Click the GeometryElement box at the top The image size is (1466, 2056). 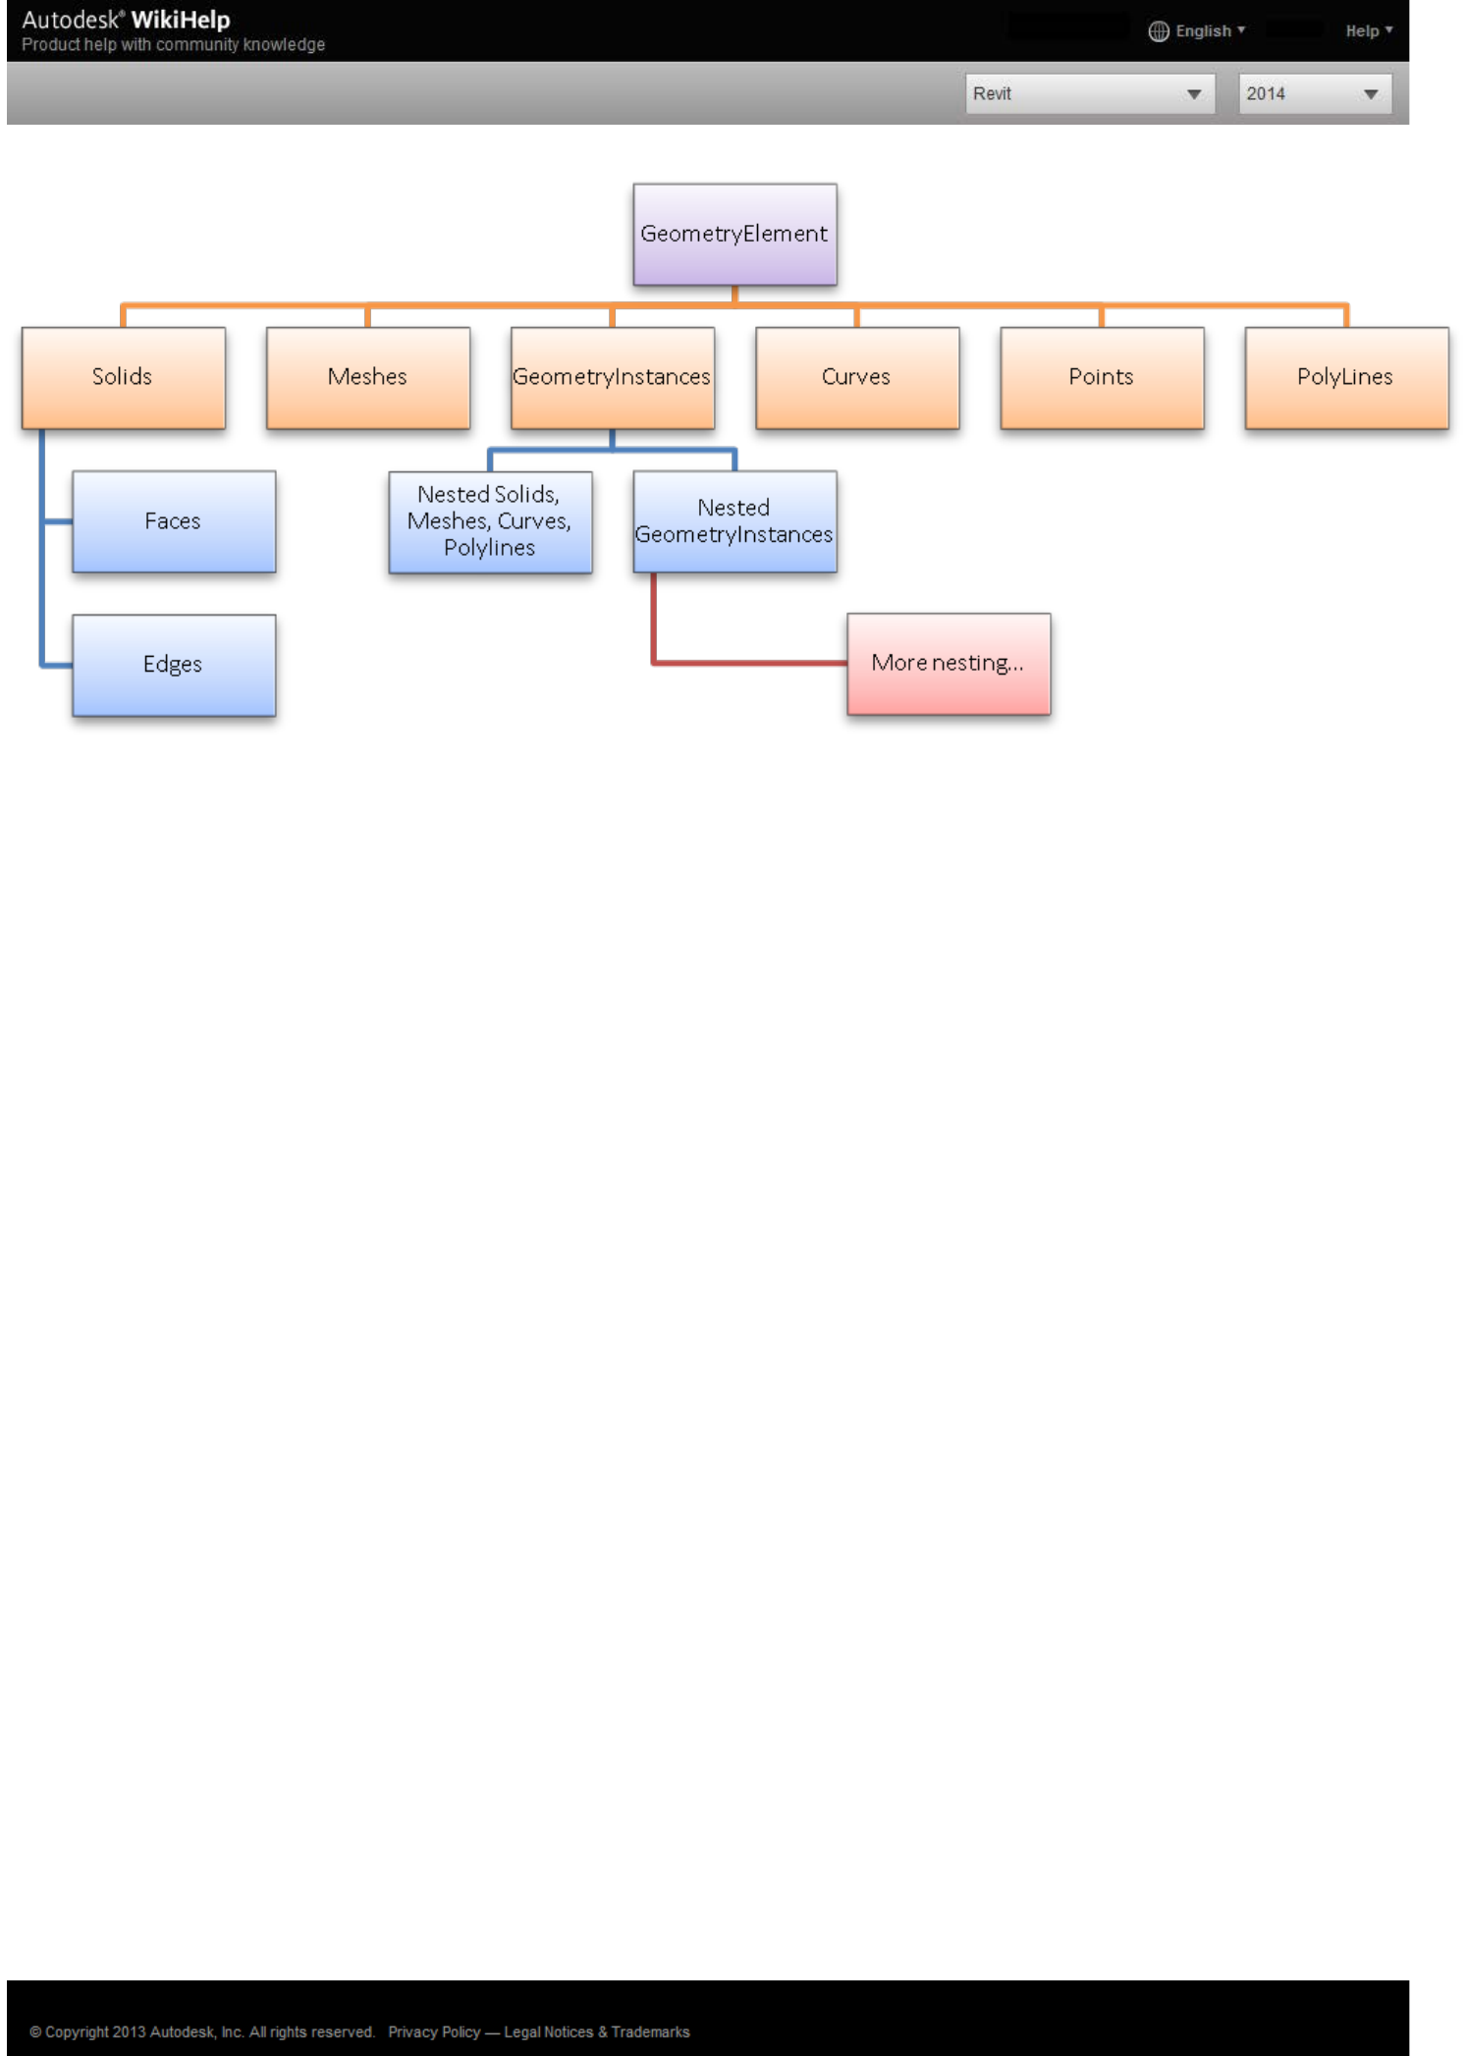click(734, 234)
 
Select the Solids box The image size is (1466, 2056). click(123, 377)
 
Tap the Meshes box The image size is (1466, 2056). click(367, 377)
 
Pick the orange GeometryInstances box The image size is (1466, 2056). click(612, 377)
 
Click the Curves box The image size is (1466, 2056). click(856, 377)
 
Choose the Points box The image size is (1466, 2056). click(1101, 377)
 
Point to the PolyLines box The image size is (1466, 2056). click(1345, 377)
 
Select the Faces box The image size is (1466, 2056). click(174, 521)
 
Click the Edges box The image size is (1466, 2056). click(174, 665)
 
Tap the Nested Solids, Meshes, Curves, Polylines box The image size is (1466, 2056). click(490, 521)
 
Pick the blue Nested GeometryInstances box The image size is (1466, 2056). click(734, 521)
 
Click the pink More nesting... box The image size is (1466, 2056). click(948, 664)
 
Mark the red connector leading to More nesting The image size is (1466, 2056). click(746, 663)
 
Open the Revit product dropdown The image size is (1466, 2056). click(1089, 94)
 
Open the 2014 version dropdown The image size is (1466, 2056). click(1314, 94)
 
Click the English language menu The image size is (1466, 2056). click(1197, 31)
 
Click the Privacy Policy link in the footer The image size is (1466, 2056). click(434, 2031)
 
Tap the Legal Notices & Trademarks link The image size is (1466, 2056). click(596, 2031)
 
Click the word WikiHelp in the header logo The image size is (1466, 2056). click(181, 20)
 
